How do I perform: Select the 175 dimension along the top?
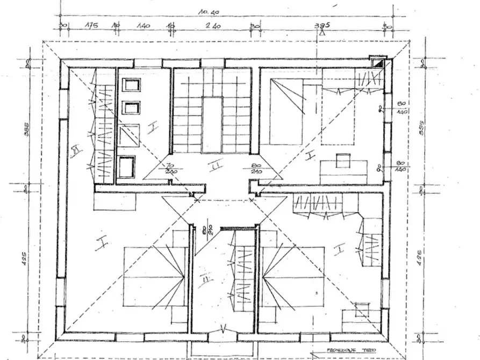pos(89,25)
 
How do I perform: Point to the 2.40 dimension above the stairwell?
pos(214,25)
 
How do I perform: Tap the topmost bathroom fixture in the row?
pos(131,85)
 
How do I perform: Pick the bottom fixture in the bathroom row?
pos(127,167)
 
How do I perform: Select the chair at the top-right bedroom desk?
pos(343,160)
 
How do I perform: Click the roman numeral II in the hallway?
pos(215,168)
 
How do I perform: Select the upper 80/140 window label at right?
pos(400,108)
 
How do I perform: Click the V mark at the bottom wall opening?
pos(223,329)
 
